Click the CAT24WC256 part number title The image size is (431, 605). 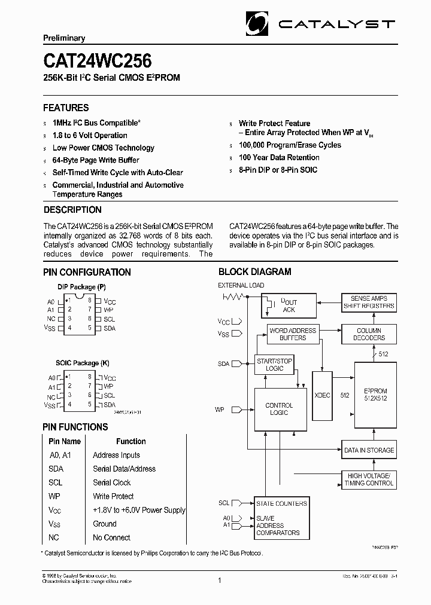(97, 61)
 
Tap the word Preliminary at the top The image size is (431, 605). (64, 38)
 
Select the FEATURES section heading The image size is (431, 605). (66, 108)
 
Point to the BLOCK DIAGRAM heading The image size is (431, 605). (254, 271)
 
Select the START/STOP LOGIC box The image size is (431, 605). (274, 365)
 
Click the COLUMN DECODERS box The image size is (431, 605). (369, 334)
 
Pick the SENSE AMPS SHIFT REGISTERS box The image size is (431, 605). (369, 302)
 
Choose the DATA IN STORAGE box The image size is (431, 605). (369, 450)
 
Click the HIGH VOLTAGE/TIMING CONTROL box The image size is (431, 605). (369, 479)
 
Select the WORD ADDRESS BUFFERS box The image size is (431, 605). (293, 334)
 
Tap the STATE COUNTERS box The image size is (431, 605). (282, 503)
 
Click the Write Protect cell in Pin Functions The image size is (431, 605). (113, 496)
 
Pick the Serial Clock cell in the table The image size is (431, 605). (111, 482)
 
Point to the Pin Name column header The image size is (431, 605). (65, 441)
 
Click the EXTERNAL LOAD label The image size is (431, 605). (241, 285)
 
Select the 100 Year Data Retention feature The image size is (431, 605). (279, 157)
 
